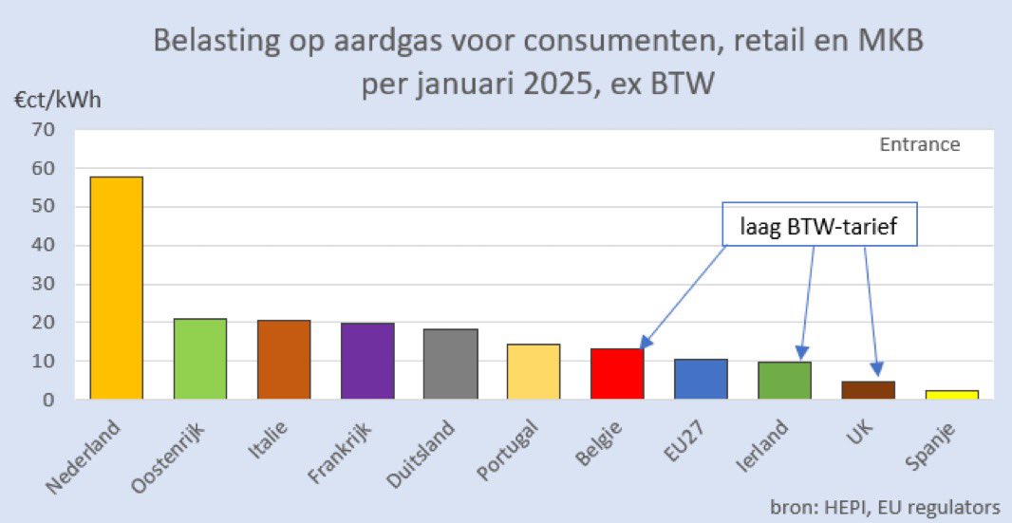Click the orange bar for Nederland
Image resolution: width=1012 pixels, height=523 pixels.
click(x=116, y=288)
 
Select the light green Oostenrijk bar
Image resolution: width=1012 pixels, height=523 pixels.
click(x=199, y=359)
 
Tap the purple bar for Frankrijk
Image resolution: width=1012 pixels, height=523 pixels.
click(x=366, y=361)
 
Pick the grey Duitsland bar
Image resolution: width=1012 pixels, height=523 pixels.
click(x=450, y=364)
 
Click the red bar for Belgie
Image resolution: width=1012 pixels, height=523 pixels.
click(x=617, y=374)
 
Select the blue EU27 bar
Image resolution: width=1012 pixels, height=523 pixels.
click(x=701, y=379)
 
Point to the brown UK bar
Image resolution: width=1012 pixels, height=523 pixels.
click(x=868, y=390)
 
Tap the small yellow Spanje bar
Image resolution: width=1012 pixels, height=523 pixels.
click(x=951, y=395)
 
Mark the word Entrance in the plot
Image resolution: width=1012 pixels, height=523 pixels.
click(x=919, y=145)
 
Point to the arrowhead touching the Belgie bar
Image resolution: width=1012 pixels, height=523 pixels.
click(x=645, y=345)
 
